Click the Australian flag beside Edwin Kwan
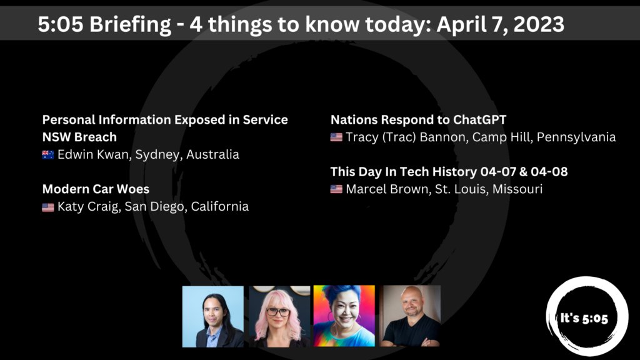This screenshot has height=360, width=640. tap(48, 155)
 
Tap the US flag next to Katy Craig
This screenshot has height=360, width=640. tap(48, 207)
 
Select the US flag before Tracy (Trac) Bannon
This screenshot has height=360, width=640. tap(336, 137)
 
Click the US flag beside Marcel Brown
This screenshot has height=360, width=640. tap(336, 189)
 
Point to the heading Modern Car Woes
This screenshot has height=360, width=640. tap(96, 189)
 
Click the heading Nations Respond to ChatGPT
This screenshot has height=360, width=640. tap(419, 119)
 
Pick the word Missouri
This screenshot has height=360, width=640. tap(517, 189)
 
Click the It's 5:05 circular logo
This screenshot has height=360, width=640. tap(582, 317)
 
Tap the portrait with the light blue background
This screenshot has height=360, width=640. tap(213, 316)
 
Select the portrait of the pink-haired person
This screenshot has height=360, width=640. tap(279, 316)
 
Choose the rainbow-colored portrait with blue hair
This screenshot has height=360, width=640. tap(344, 316)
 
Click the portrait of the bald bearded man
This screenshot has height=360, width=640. tap(410, 316)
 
